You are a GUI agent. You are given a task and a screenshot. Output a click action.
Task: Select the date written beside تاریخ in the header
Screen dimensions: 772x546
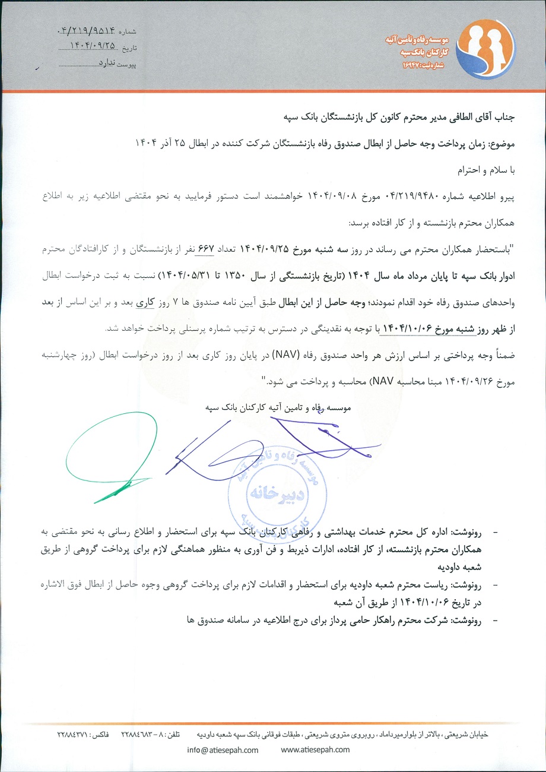click(x=91, y=46)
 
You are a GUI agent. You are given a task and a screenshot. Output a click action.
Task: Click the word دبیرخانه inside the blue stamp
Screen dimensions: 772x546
click(x=274, y=492)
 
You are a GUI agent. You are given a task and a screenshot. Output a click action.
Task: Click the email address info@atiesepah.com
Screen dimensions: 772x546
click(x=223, y=749)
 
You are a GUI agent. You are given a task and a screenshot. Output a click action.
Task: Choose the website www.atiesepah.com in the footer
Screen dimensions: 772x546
click(x=315, y=749)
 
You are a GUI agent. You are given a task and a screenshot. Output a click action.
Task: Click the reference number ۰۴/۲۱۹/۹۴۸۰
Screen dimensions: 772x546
click(x=390, y=194)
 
